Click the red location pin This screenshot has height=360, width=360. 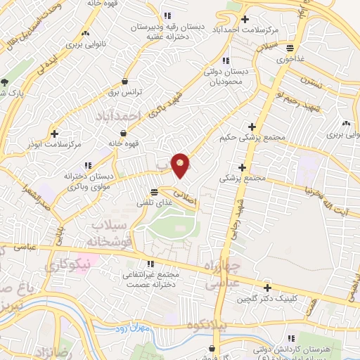tap(181, 165)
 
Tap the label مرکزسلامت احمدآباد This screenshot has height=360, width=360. tap(266, 31)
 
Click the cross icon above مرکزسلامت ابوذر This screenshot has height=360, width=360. tap(55, 132)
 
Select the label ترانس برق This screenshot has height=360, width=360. tap(124, 93)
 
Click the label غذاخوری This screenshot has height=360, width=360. tap(290, 59)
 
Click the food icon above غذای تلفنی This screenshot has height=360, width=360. tap(155, 191)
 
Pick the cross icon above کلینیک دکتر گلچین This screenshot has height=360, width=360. tap(267, 288)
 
